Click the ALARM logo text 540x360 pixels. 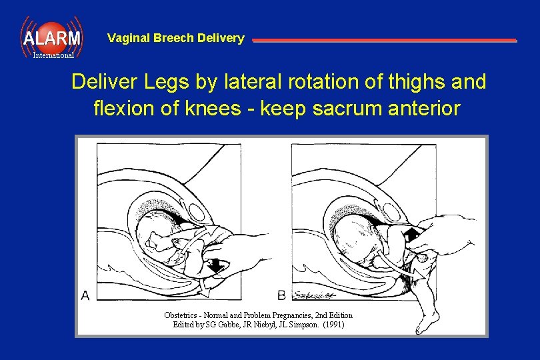[x=52, y=38]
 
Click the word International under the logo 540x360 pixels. [x=53, y=55]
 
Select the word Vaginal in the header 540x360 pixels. [x=129, y=38]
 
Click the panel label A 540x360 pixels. [x=85, y=295]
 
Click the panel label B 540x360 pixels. [x=281, y=295]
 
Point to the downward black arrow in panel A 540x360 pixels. [x=216, y=266]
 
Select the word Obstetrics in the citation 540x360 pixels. [x=182, y=315]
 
